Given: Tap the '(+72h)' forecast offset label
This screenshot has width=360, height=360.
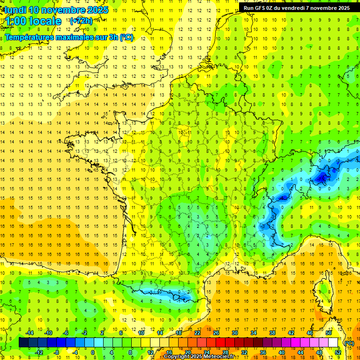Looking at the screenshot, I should (81, 21).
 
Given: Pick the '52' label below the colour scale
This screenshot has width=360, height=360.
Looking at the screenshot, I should (338, 352).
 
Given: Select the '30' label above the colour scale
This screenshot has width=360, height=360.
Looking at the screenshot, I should (234, 333).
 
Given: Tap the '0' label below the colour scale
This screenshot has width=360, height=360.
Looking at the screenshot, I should (92, 352).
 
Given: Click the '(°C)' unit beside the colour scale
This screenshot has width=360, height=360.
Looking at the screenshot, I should (349, 343).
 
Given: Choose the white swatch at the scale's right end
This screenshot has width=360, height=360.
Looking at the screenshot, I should (333, 343).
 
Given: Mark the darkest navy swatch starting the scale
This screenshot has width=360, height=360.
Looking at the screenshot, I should (23, 343).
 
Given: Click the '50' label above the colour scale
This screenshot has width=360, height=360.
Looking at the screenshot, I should (328, 333).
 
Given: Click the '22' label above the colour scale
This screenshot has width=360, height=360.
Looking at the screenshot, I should (197, 333).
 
